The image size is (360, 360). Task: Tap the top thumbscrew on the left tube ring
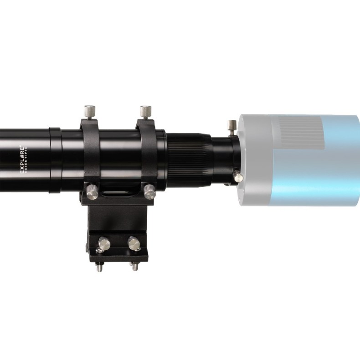pyautogui.click(x=89, y=111)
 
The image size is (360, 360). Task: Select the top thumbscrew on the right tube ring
pyautogui.click(x=145, y=111)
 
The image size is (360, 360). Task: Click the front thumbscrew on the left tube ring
pyautogui.click(x=93, y=192)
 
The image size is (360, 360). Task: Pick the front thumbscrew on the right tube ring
pyautogui.click(x=149, y=191)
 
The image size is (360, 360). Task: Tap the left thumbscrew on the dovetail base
pyautogui.click(x=104, y=245)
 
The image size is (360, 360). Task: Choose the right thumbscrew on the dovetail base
pyautogui.click(x=134, y=244)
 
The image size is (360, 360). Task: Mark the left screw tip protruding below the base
pyautogui.click(x=99, y=267)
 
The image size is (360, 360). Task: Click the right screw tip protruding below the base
pyautogui.click(x=135, y=266)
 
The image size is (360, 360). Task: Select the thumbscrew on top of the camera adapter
pyautogui.click(x=232, y=127)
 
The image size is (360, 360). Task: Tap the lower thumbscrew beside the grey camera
pyautogui.click(x=238, y=176)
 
